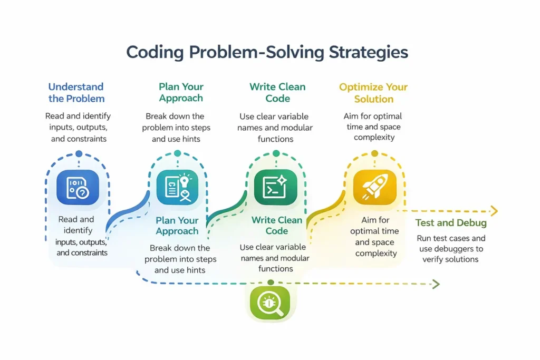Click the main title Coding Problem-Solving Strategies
coord(267,53)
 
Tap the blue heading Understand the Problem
coord(76,93)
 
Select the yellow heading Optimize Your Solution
coord(373,93)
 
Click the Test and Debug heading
coord(451,222)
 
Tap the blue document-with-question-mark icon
coord(78,187)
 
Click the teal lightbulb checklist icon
coord(177,187)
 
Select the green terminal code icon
coord(275,187)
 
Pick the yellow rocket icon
coord(375,187)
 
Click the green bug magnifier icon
coord(270,303)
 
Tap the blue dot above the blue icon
coord(79,153)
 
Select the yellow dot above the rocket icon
coord(375,153)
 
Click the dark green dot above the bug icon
coord(271,283)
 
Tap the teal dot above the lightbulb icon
coord(177,153)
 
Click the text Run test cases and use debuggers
coord(451,244)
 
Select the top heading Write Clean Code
coord(277,93)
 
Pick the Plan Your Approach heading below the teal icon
coord(177,226)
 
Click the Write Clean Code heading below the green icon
coord(276,226)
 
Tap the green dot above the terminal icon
coord(276,153)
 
